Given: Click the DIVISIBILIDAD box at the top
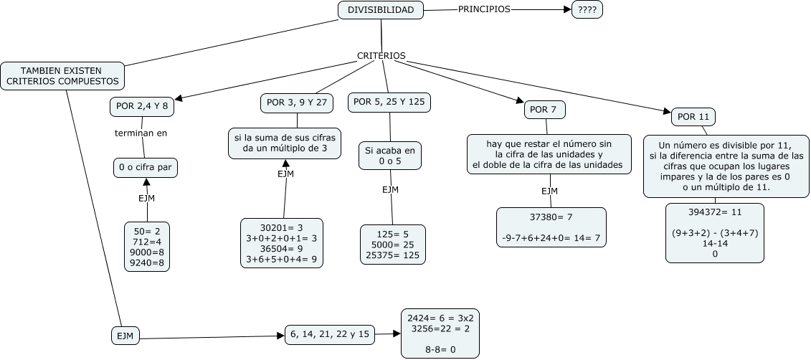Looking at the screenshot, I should (381, 10).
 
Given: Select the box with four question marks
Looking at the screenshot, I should (587, 10).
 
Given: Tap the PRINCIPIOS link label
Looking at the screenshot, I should (484, 10).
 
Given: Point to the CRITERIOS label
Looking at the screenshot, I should (381, 55).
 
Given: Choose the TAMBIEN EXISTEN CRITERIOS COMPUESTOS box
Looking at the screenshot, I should (62, 76).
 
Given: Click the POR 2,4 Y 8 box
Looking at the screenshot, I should (142, 106).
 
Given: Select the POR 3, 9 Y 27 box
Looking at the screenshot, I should (296, 103).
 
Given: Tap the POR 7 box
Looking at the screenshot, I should (545, 110).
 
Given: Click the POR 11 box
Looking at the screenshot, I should (693, 116).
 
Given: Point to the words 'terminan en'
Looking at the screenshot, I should (141, 133).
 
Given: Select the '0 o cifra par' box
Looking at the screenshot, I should (146, 168).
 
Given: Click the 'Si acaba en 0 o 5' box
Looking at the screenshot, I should (390, 156).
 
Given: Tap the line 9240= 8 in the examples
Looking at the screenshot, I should (147, 264).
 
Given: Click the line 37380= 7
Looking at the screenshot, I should (551, 217).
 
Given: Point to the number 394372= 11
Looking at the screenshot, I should (715, 212).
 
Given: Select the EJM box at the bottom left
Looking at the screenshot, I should (125, 335).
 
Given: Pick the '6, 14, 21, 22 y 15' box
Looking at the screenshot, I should (330, 333).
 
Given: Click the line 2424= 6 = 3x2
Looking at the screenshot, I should (440, 318).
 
